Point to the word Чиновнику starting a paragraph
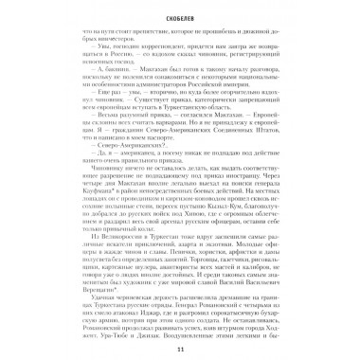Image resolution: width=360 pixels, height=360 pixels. point(87,174)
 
